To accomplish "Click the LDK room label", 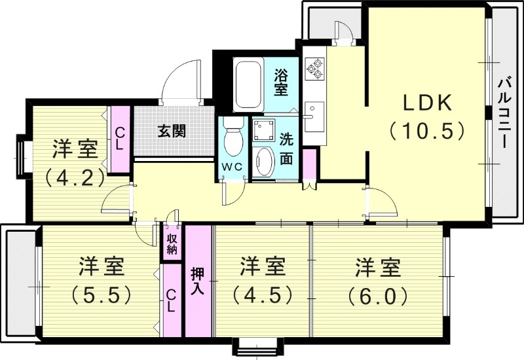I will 426,103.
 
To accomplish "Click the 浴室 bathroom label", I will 281,82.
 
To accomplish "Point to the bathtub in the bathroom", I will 248,85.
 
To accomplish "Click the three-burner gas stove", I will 314,67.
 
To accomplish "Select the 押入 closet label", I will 198,280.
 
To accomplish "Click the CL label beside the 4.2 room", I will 119,139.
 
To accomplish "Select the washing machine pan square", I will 265,130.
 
